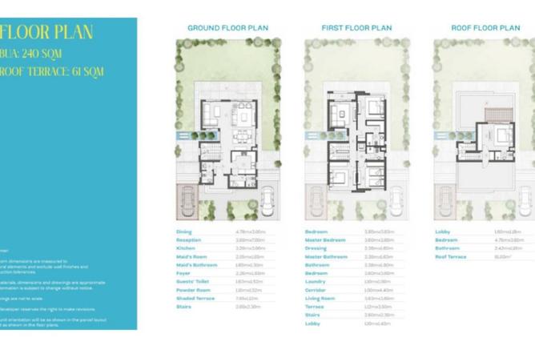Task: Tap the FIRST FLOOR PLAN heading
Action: (356, 27)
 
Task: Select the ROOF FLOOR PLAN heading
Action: (485, 27)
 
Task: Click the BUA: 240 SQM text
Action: (33, 54)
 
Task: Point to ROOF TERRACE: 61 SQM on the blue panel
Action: (52, 71)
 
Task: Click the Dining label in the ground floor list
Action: (183, 232)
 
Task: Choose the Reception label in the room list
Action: (189, 240)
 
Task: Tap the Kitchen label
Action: (185, 248)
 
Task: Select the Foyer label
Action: (183, 273)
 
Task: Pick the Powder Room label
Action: (192, 290)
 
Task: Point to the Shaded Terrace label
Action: (195, 298)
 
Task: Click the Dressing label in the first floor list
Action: (316, 248)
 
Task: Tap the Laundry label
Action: (316, 282)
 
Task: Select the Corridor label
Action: (316, 290)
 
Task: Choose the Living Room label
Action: (320, 298)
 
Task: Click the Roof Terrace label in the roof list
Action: (450, 257)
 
